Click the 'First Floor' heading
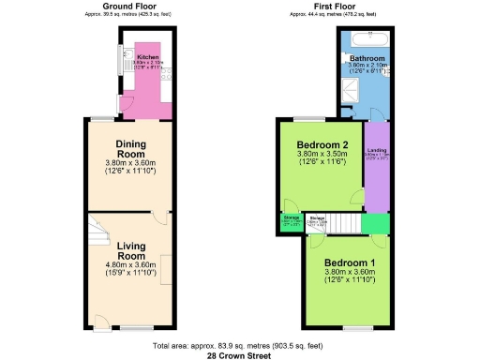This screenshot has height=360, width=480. click(x=334, y=7)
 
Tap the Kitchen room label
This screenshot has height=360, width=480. click(x=148, y=57)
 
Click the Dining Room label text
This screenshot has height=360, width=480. click(x=130, y=148)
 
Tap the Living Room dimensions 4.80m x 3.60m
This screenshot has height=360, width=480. click(x=130, y=267)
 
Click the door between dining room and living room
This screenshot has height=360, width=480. click(x=161, y=218)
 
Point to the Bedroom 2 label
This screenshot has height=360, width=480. click(x=322, y=146)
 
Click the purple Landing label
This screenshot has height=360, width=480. click(x=377, y=154)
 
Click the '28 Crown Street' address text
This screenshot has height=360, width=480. click(x=240, y=354)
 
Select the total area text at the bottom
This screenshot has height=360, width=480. click(x=240, y=345)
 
